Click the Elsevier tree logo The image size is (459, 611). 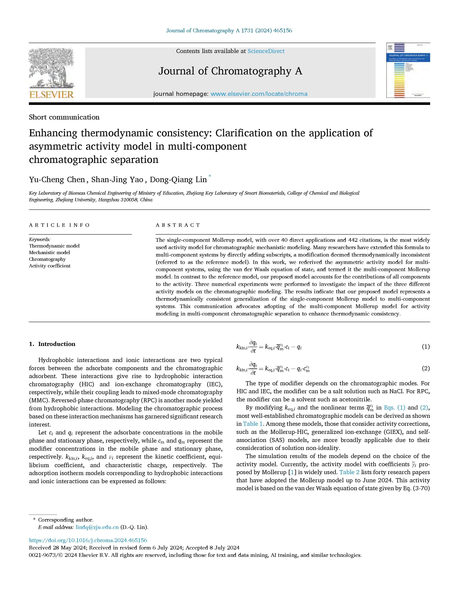point(51,73)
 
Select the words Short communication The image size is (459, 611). point(64,117)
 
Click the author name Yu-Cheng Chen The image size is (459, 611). point(57,180)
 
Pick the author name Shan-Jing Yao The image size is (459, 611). point(117,180)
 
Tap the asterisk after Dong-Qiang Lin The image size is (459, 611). point(210,176)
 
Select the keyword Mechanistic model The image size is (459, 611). point(50,252)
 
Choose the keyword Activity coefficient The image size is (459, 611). point(50,266)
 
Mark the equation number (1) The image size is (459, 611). point(426,347)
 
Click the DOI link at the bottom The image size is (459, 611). point(88,540)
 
